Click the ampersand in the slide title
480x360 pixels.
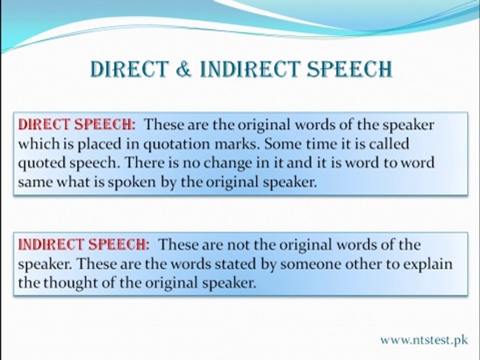coord(183,68)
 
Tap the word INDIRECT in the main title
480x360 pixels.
coord(249,68)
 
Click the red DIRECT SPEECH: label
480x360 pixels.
coord(76,124)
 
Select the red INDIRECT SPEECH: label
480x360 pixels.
coord(84,244)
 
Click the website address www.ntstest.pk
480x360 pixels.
coord(424,340)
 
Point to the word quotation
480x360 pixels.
coord(176,144)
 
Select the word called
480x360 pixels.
coord(389,143)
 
